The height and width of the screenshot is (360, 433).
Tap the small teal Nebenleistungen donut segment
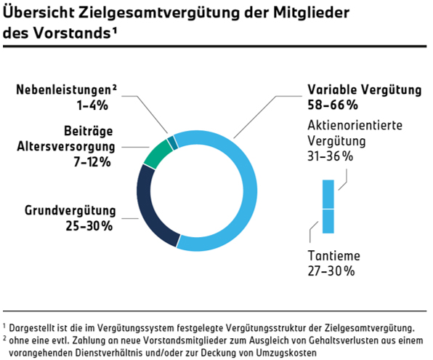[x=173, y=142]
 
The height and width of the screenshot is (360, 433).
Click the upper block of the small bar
[x=328, y=194]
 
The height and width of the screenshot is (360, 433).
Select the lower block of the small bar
[x=328, y=221]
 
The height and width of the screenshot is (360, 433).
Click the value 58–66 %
[x=333, y=105]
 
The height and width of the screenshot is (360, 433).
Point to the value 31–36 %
[x=331, y=156]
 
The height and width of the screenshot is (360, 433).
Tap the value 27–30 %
[x=331, y=271]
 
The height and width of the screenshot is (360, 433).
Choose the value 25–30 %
[x=89, y=226]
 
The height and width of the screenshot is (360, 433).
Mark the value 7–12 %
[x=92, y=161]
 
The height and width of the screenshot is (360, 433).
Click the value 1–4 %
[x=92, y=105]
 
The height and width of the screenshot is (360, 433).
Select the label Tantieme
[x=334, y=256]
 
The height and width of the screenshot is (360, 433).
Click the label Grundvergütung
[x=70, y=211]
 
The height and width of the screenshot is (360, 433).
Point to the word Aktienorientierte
[x=355, y=125]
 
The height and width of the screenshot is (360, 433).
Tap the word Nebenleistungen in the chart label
[x=63, y=89]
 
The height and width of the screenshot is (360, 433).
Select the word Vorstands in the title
[x=72, y=33]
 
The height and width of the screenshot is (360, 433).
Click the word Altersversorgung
[x=65, y=147]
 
